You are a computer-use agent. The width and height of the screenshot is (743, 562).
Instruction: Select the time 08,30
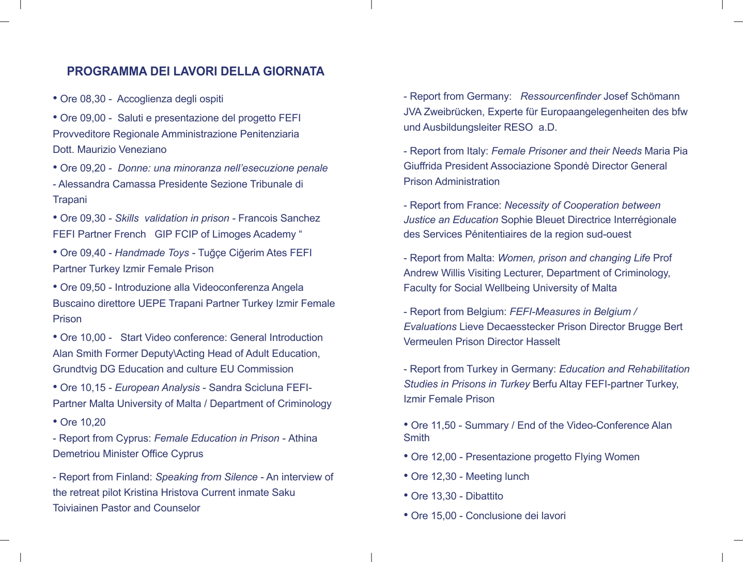tap(93, 99)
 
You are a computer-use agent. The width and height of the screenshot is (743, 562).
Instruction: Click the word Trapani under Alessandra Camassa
tap(70, 200)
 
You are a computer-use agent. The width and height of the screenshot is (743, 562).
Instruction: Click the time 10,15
tap(93, 388)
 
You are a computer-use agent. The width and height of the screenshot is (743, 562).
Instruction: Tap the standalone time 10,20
tap(93, 423)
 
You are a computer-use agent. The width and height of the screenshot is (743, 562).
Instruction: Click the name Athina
tap(303, 439)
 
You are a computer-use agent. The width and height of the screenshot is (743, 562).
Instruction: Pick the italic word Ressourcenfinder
tap(561, 97)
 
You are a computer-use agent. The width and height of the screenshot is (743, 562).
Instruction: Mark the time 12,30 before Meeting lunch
tap(444, 477)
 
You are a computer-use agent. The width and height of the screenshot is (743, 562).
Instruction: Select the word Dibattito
tap(484, 496)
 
